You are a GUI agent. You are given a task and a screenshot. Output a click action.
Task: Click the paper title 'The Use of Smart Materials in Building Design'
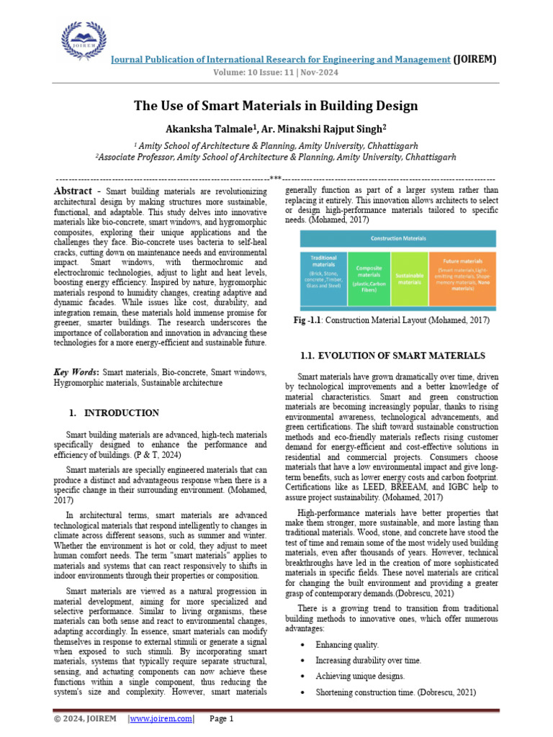coord(276,106)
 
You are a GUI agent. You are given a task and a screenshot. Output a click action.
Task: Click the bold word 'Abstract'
coord(73,191)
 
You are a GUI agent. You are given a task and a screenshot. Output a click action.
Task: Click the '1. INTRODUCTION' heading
coord(114,413)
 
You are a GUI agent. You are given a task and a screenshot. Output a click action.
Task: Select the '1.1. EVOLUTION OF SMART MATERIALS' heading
coord(392,356)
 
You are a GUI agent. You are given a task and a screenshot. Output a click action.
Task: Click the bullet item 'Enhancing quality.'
coord(347,644)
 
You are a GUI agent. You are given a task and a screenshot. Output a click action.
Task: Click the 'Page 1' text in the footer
coord(222,718)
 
